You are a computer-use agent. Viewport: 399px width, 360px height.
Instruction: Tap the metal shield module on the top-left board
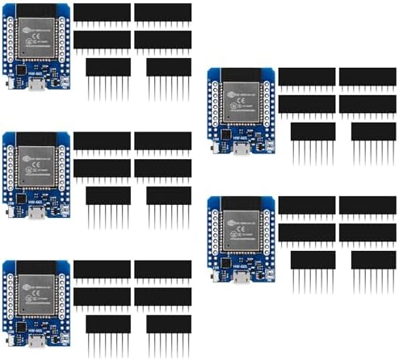(38, 41)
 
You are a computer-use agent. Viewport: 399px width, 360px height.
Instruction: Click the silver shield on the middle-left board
(38, 170)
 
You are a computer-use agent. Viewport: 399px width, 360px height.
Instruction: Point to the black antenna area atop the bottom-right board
(243, 203)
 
